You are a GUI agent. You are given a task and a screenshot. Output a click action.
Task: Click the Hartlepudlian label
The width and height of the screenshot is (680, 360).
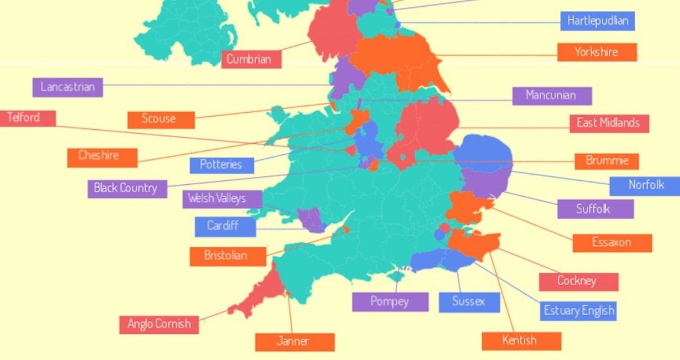(597, 22)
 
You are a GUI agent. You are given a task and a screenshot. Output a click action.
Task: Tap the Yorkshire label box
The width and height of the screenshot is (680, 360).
(597, 52)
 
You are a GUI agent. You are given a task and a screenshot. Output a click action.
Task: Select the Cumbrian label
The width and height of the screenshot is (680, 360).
(251, 59)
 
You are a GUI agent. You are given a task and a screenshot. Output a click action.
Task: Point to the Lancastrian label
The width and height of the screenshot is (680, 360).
(67, 87)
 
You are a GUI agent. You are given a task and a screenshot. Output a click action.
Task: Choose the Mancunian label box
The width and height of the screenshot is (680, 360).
(551, 95)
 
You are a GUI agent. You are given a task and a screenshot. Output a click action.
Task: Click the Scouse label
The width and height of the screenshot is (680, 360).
(160, 119)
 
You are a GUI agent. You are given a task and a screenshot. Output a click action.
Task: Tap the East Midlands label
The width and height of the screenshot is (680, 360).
(608, 123)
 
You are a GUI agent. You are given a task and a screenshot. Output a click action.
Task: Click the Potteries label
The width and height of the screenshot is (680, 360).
(221, 165)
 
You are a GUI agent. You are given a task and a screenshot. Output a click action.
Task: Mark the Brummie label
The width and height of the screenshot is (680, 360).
(606, 160)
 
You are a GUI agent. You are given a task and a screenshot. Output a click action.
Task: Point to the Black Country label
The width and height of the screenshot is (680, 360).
(126, 188)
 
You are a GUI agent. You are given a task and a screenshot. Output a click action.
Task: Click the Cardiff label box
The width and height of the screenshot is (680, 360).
(224, 226)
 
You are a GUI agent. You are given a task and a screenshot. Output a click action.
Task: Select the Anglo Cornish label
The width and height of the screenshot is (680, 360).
(159, 324)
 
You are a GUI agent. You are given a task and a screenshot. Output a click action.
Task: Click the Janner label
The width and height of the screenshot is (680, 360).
(294, 341)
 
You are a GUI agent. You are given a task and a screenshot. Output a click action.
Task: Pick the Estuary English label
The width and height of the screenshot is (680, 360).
(578, 311)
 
